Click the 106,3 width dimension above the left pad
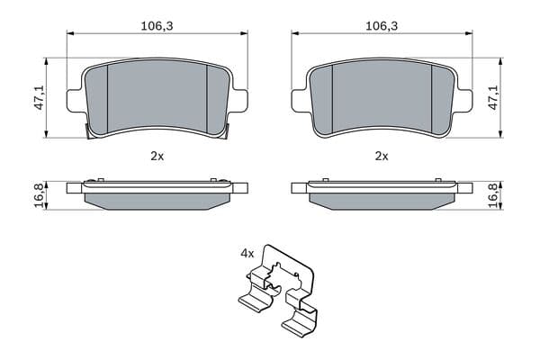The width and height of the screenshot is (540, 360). pyautogui.click(x=157, y=26)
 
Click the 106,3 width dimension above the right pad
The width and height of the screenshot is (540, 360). pyautogui.click(x=382, y=26)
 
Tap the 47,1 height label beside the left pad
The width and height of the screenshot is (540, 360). pyautogui.click(x=40, y=98)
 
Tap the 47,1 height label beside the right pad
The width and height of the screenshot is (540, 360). pyautogui.click(x=494, y=98)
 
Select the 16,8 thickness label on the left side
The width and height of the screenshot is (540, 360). pyautogui.click(x=40, y=195)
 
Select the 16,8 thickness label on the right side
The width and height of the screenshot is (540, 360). pyautogui.click(x=494, y=195)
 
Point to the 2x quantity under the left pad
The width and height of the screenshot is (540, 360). pyautogui.click(x=157, y=157)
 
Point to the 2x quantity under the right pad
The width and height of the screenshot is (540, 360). pyautogui.click(x=382, y=157)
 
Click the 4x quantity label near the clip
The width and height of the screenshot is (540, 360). pyautogui.click(x=247, y=254)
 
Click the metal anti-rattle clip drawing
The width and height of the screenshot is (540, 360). pyautogui.click(x=277, y=290)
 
